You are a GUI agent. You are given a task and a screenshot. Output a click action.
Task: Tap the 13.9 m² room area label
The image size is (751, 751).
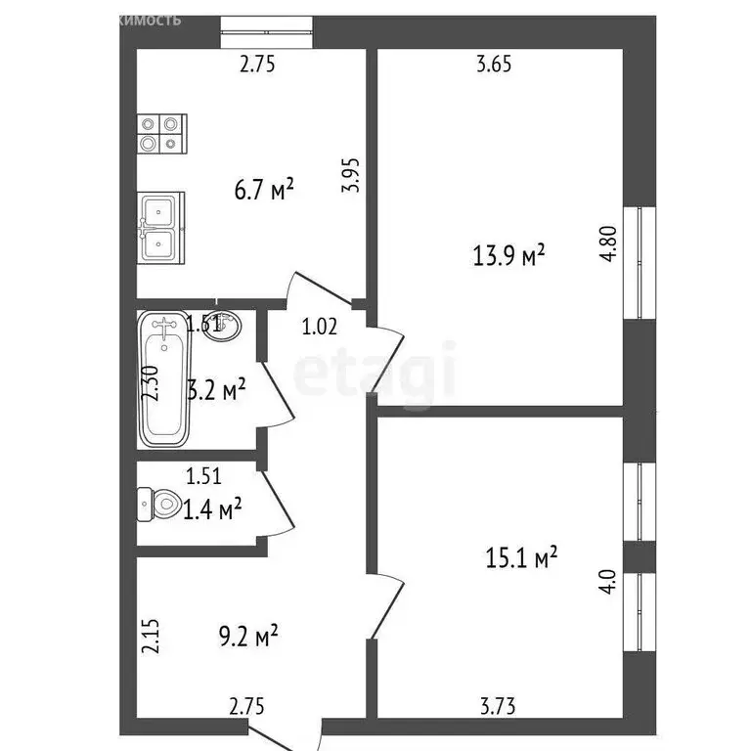(508, 256)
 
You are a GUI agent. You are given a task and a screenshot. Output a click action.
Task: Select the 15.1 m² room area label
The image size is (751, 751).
(521, 557)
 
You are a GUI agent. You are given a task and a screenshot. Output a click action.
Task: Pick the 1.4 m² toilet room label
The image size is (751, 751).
(213, 508)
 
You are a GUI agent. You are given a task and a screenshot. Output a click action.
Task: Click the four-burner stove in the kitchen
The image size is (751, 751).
(160, 133)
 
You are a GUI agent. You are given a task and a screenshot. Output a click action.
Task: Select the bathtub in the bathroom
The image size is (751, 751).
(163, 377)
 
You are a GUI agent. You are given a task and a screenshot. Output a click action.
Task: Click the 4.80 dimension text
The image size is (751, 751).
(609, 243)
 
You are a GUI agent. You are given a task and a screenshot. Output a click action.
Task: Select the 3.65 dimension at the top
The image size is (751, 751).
(494, 66)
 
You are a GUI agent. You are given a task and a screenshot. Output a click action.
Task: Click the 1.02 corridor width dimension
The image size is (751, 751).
(319, 328)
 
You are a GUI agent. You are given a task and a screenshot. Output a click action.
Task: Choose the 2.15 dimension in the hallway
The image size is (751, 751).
(149, 637)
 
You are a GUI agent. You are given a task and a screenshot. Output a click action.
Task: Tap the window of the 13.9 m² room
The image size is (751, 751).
(640, 262)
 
